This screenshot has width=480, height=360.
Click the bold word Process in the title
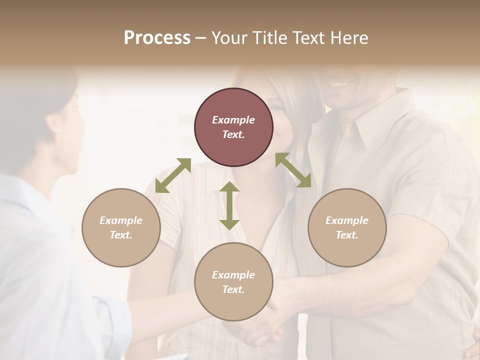click(x=157, y=38)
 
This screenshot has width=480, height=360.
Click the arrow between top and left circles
click(x=173, y=175)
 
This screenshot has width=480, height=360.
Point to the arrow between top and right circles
click(x=293, y=170)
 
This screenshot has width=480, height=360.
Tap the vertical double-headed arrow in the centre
click(x=229, y=205)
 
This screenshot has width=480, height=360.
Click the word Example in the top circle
click(x=233, y=120)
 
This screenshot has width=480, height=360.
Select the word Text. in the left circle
click(x=121, y=235)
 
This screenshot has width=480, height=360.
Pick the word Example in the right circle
click(x=347, y=220)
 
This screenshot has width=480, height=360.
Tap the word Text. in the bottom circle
click(x=233, y=289)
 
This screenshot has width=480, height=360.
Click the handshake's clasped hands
click(x=265, y=327)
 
